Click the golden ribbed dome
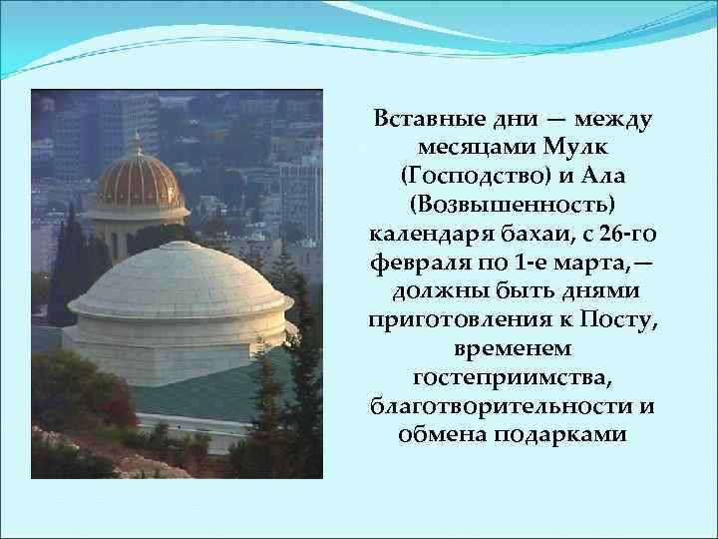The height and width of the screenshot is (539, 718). (137, 183)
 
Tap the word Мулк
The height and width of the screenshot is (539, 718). (566, 148)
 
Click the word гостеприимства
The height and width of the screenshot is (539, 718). (513, 378)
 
